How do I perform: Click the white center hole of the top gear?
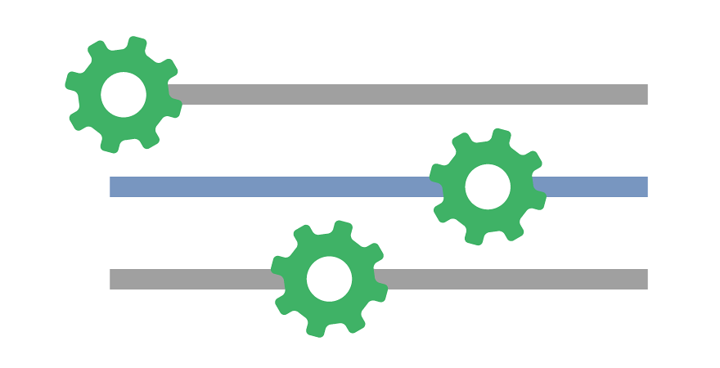click(x=124, y=95)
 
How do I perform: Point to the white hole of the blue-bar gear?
click(x=488, y=187)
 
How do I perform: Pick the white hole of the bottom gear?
click(x=329, y=279)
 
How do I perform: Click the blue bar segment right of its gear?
click(x=593, y=187)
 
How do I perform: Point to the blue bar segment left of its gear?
click(x=270, y=187)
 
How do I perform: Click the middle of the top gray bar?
click(x=409, y=95)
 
